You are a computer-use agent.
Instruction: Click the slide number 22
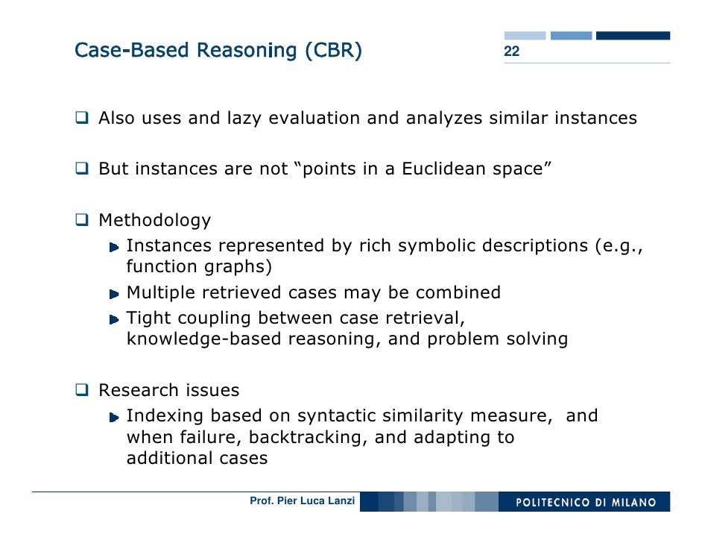point(511,52)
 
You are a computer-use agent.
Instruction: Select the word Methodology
point(154,221)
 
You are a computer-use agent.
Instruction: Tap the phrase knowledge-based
point(189,339)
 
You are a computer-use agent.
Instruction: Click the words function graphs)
point(199,267)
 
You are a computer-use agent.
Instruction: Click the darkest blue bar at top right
point(633,35)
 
